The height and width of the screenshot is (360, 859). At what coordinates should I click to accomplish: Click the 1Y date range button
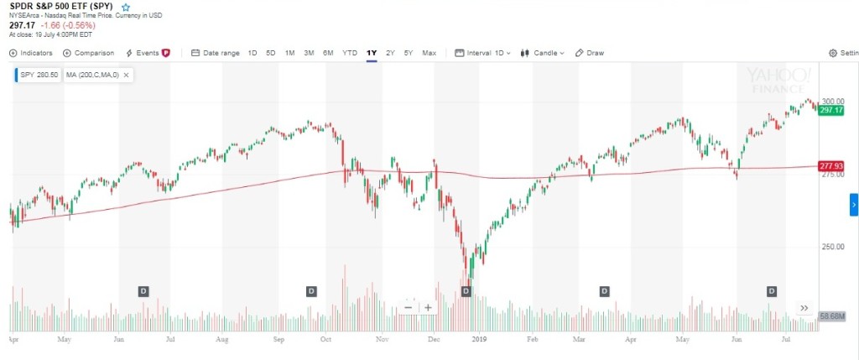click(x=372, y=53)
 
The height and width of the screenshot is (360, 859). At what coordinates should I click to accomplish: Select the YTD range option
click(x=350, y=53)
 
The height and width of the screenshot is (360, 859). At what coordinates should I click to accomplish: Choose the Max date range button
click(x=429, y=53)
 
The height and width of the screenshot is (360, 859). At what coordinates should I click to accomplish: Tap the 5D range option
click(x=270, y=53)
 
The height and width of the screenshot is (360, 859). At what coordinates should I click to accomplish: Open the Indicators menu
click(x=31, y=53)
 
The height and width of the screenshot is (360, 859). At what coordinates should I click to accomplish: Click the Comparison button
click(x=88, y=53)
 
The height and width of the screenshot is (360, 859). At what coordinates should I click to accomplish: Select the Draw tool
click(x=590, y=53)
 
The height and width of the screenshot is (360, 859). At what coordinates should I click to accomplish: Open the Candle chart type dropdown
click(x=542, y=53)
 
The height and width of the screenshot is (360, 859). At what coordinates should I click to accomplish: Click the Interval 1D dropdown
click(x=483, y=53)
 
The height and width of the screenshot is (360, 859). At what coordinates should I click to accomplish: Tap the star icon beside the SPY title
click(x=126, y=7)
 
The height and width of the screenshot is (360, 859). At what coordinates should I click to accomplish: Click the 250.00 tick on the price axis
click(x=831, y=247)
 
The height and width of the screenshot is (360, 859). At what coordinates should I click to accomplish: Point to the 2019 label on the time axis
click(x=479, y=340)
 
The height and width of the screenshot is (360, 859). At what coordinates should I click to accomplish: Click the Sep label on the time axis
click(x=279, y=340)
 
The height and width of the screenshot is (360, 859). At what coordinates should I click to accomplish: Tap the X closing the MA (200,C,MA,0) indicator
click(x=126, y=75)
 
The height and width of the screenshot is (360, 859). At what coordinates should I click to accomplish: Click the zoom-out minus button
click(x=409, y=307)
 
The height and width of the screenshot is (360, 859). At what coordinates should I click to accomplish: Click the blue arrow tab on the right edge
click(x=854, y=204)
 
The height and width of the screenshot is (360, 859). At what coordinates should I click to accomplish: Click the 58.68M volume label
click(x=830, y=316)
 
